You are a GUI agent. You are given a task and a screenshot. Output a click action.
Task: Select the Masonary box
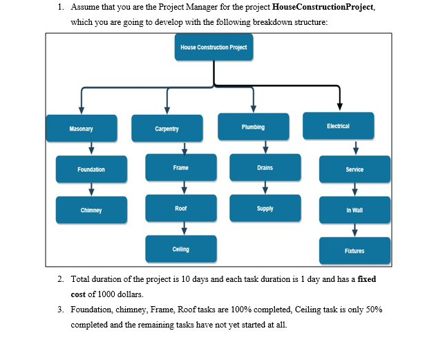coord(82,129)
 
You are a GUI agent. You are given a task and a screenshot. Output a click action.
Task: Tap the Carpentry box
coord(167,129)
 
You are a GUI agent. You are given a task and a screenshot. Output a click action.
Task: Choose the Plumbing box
coord(253,127)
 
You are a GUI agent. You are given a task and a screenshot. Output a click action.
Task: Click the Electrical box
coord(338,126)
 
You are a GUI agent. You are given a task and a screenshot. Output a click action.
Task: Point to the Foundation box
coord(91,169)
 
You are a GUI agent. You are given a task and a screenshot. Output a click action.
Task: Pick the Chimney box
coord(91,210)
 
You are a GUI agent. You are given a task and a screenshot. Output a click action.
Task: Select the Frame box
coord(181,168)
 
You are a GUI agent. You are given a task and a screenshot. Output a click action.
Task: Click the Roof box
coord(181,208)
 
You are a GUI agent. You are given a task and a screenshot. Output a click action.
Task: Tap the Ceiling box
coord(181,249)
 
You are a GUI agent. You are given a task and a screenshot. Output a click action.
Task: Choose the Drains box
coord(265,168)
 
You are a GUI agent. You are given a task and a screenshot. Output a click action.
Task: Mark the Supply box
coord(265,208)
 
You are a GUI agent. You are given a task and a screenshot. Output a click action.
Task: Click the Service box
coord(354,169)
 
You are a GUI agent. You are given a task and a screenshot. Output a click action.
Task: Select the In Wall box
coord(354,210)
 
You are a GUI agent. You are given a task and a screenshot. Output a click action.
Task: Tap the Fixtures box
coord(354,251)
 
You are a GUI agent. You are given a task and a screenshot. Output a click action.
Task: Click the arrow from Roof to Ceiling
coord(184,229)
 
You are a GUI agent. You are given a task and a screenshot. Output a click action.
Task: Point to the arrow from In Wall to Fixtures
coord(354,231)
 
